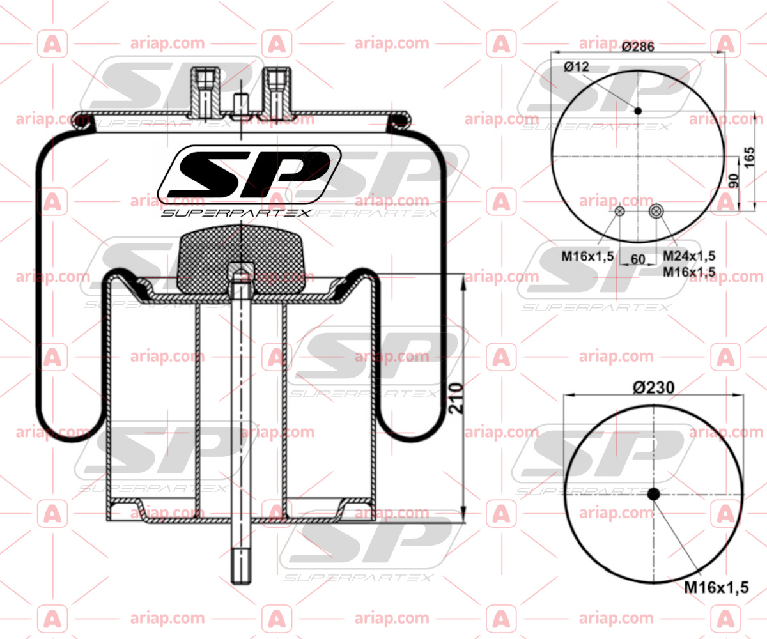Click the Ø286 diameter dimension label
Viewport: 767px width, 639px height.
tap(638, 47)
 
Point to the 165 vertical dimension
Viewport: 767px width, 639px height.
tap(748, 158)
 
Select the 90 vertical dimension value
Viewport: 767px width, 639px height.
tap(734, 181)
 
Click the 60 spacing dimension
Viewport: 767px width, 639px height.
tap(638, 259)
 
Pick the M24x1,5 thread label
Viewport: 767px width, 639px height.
tap(689, 256)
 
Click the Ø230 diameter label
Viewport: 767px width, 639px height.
tap(654, 388)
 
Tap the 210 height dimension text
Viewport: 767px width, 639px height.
tap(456, 399)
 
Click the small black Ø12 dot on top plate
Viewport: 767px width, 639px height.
tap(638, 111)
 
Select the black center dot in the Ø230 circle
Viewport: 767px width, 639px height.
tap(654, 494)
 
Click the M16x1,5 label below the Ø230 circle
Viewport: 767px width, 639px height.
tap(717, 588)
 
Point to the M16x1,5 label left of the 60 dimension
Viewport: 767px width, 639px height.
tap(588, 256)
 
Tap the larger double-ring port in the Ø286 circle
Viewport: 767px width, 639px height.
tap(656, 211)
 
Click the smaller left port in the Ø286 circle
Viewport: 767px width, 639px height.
tap(620, 211)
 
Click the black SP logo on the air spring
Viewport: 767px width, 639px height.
tap(249, 175)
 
